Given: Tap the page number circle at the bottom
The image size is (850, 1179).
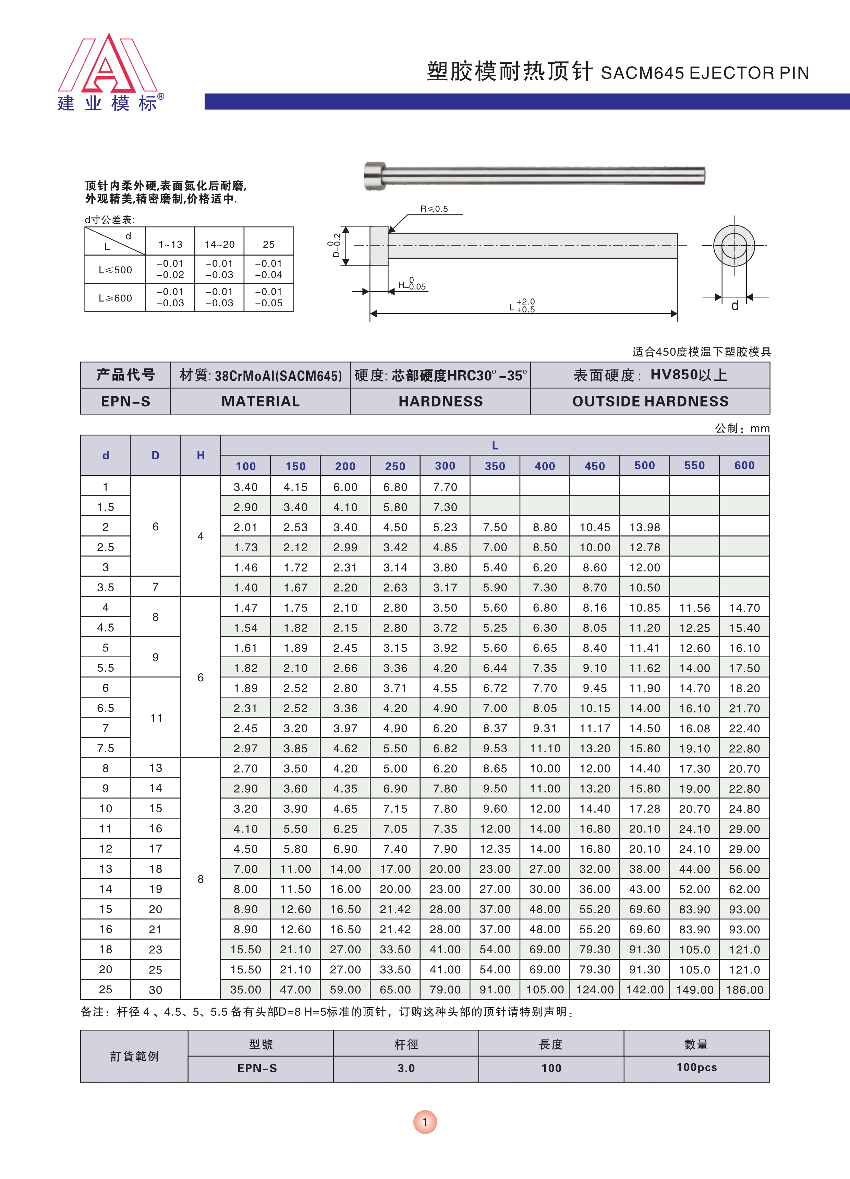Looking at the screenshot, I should pos(425,1122).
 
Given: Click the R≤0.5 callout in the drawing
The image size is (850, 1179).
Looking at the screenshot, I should pos(434,209).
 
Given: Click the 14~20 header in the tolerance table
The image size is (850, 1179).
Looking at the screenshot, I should pos(219,244).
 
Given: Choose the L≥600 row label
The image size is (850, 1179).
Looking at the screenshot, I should pos(116,298).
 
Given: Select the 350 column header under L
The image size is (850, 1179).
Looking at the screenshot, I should pos(495,466).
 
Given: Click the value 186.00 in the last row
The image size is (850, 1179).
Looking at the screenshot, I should pos(744,990).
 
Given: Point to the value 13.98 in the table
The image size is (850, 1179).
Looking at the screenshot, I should pos(644,527).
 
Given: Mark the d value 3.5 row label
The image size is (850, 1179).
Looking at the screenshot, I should pos(106,587).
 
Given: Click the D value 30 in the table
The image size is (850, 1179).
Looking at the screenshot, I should pos(155,990).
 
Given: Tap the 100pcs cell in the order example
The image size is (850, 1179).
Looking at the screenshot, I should pos(696,1067).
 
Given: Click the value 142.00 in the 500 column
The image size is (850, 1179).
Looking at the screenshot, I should pos(644,990).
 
